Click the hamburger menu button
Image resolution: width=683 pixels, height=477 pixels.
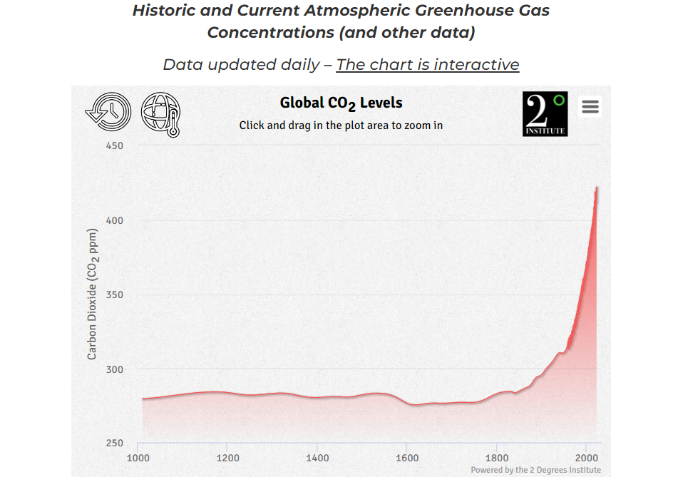590,107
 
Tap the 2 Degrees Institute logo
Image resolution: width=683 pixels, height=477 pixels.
545,114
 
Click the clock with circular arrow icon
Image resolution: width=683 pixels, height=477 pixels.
108,113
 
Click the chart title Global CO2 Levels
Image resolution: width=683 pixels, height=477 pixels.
341,103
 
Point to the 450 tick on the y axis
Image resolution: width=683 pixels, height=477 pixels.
114,145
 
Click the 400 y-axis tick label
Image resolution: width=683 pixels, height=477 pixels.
114,220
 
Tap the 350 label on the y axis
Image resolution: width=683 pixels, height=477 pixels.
114,294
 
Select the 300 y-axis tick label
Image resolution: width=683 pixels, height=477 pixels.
114,369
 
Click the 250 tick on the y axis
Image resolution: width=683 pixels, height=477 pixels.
114,443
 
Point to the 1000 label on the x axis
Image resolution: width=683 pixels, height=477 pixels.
138,458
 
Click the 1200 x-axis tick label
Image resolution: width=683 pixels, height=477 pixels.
227,458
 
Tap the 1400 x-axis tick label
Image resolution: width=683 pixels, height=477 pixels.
317,458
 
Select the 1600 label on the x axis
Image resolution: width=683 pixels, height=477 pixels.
407,458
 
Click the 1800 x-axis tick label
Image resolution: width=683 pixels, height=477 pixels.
496,458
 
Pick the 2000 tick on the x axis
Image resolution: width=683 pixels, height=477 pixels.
586,458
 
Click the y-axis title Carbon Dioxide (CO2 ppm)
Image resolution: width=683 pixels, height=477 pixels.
93,294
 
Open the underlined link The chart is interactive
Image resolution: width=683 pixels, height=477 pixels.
428,65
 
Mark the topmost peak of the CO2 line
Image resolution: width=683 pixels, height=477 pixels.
597,188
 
